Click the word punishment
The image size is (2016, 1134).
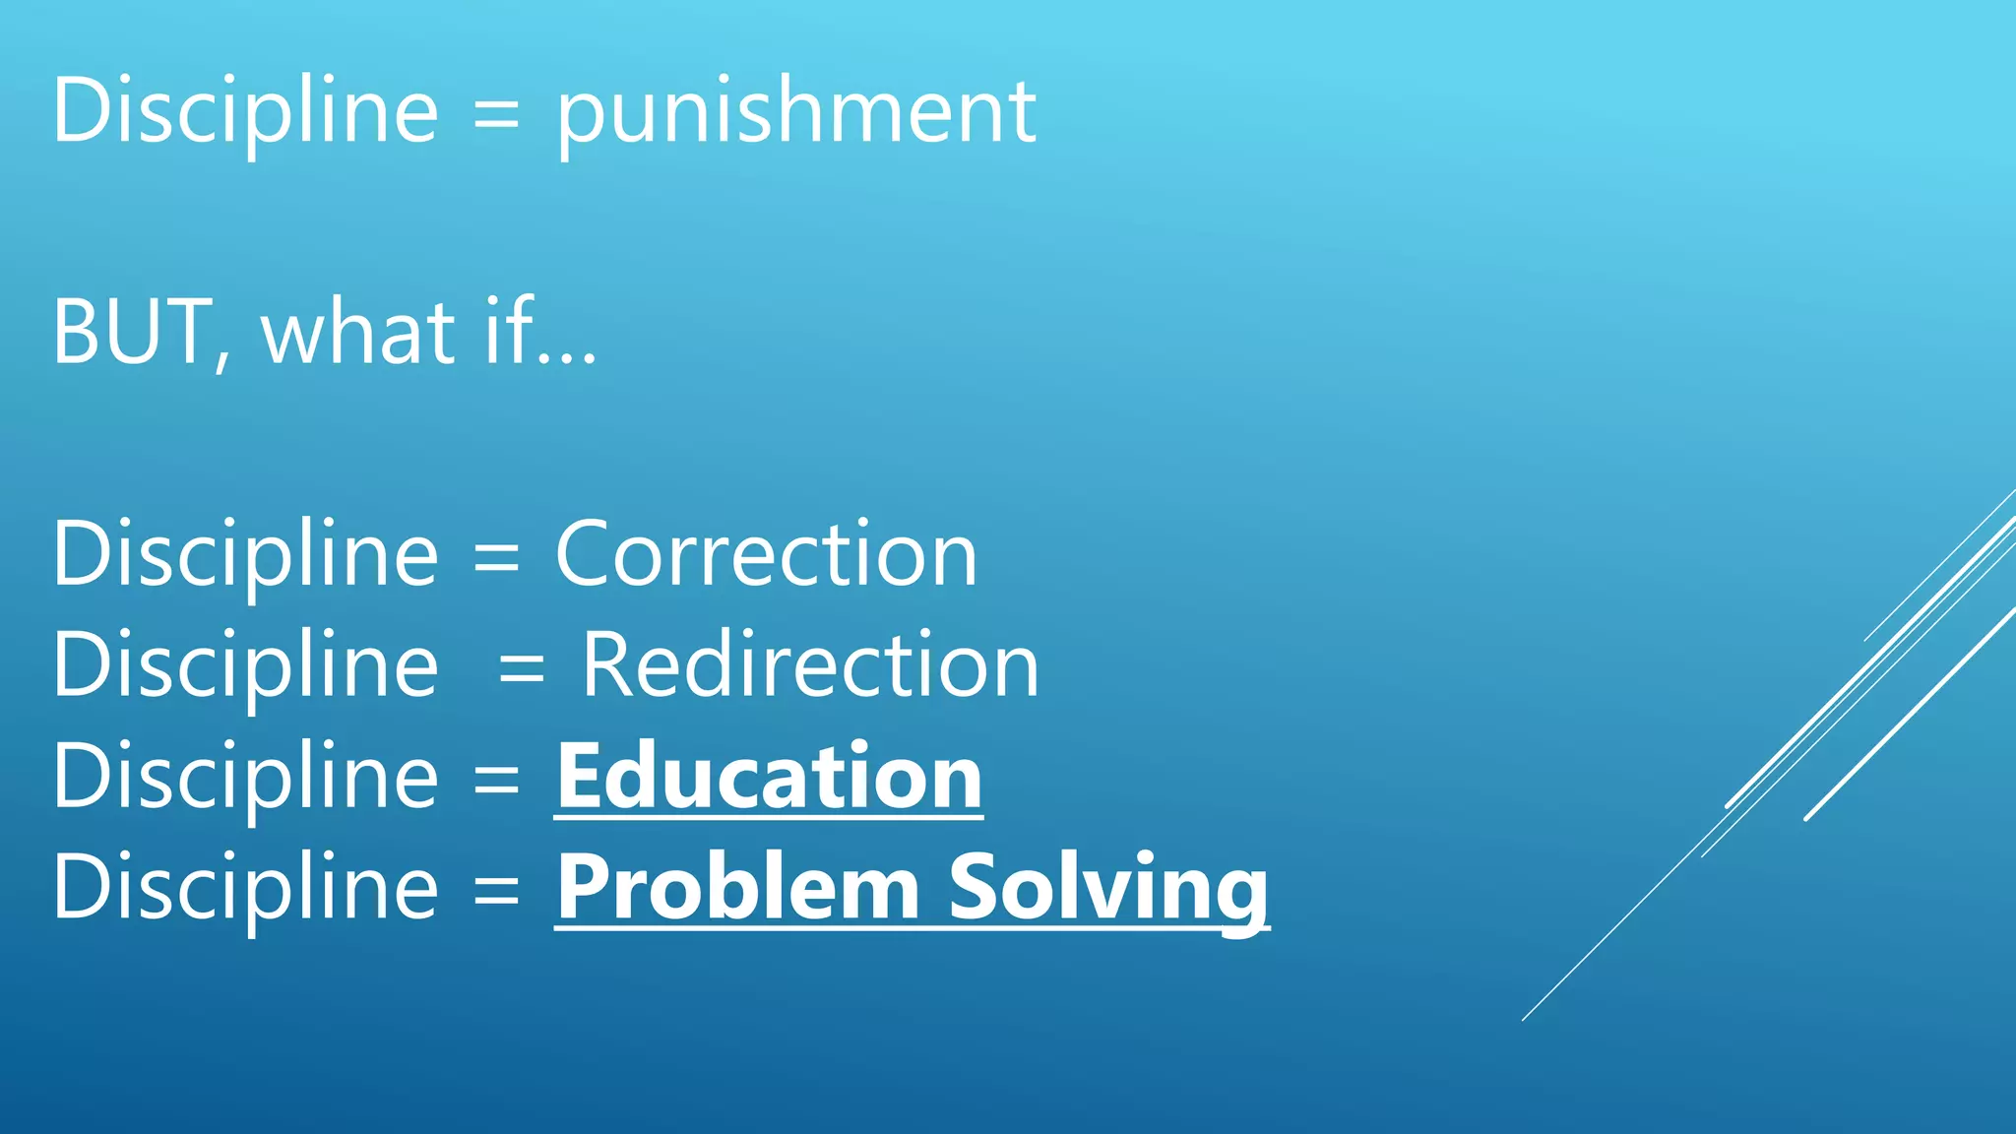point(795,112)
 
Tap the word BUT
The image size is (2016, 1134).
point(132,333)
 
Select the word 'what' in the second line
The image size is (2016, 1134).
point(358,333)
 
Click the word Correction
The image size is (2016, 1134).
point(766,555)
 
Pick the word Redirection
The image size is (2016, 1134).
point(809,666)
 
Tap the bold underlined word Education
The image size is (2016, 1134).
point(769,778)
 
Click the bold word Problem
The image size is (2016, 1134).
point(738,888)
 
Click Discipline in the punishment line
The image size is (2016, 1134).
point(245,112)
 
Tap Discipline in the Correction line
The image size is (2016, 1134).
point(245,555)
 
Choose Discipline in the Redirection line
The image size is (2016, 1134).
point(245,666)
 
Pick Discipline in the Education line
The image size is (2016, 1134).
point(245,778)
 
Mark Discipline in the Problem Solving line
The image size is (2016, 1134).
point(245,888)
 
